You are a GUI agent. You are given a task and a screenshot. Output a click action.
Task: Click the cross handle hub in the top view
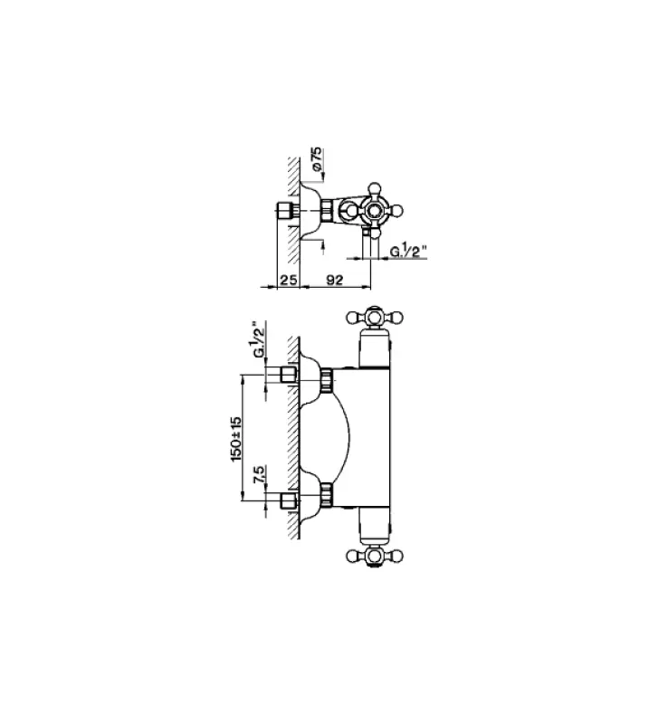(373, 210)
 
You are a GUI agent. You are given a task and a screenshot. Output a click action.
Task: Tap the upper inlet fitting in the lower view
(291, 376)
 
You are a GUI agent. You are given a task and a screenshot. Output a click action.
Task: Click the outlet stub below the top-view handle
(366, 238)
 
